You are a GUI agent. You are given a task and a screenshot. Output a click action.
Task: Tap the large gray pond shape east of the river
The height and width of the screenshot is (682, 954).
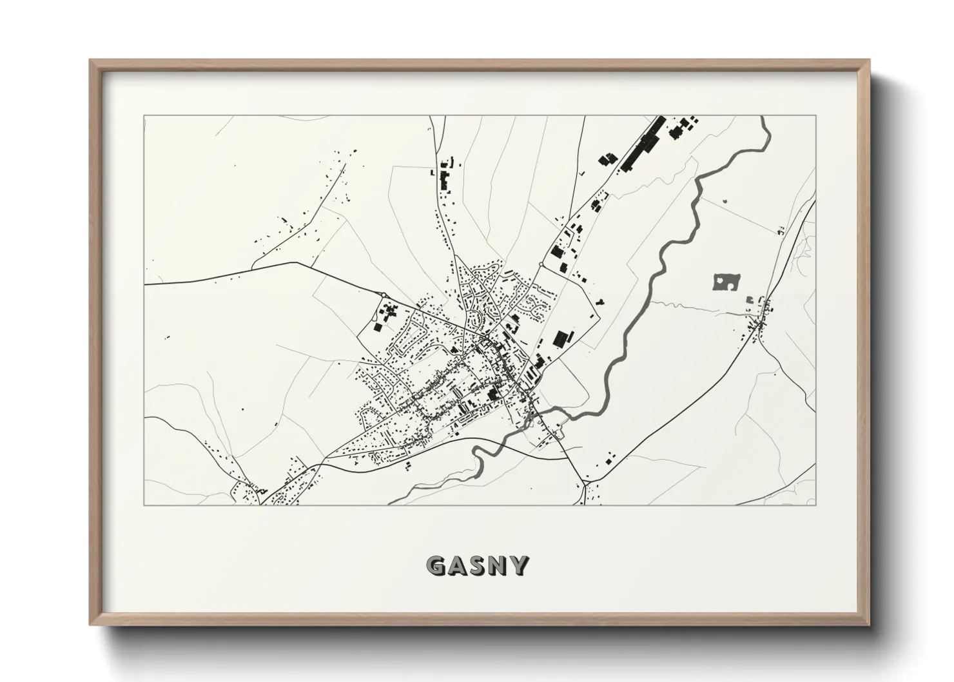point(726,282)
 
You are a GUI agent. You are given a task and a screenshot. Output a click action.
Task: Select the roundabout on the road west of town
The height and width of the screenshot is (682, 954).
point(384,295)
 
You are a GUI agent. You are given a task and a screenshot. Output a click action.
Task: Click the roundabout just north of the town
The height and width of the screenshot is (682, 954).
point(540,265)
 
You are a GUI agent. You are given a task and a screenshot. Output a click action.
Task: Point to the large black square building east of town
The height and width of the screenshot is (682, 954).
point(563,338)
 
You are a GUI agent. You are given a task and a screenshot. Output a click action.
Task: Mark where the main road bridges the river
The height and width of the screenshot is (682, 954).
point(535,413)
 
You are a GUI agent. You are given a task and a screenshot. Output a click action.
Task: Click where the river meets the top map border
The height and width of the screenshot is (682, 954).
point(763,117)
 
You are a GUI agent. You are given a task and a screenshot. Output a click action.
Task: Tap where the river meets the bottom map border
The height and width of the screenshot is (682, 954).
point(392,503)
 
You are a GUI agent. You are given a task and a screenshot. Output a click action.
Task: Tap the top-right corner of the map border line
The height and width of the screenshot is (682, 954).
point(815,116)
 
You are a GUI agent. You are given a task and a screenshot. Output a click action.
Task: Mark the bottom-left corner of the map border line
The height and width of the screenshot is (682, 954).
point(144,505)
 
